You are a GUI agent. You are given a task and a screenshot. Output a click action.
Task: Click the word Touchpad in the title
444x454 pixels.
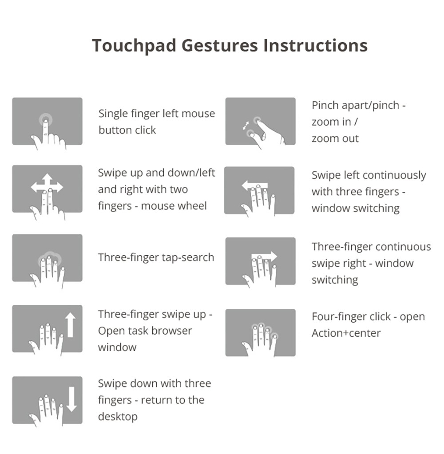(x=134, y=46)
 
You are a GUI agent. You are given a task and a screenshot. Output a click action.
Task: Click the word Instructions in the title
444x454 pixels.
(x=315, y=45)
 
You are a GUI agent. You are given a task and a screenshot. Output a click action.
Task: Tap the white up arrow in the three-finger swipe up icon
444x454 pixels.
(x=71, y=325)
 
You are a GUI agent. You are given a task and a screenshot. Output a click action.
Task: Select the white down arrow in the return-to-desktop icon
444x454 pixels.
(x=71, y=399)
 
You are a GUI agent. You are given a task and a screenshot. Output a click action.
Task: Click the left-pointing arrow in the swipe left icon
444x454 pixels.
(x=255, y=186)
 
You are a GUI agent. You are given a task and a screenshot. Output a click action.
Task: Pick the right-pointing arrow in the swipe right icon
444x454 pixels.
(x=264, y=256)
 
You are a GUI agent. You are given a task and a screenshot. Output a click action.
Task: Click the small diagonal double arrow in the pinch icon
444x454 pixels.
(x=246, y=126)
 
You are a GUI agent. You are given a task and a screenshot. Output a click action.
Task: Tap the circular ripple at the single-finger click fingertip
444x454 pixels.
(x=46, y=119)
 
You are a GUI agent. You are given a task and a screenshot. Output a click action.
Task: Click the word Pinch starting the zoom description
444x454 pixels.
(x=325, y=105)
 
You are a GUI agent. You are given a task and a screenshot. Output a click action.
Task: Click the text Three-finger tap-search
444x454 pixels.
(x=156, y=257)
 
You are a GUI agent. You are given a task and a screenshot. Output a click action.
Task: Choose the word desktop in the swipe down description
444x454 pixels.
(x=118, y=417)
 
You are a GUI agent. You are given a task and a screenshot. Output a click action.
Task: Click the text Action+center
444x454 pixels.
(x=346, y=333)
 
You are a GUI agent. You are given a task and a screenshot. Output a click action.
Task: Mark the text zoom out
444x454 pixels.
(x=335, y=139)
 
